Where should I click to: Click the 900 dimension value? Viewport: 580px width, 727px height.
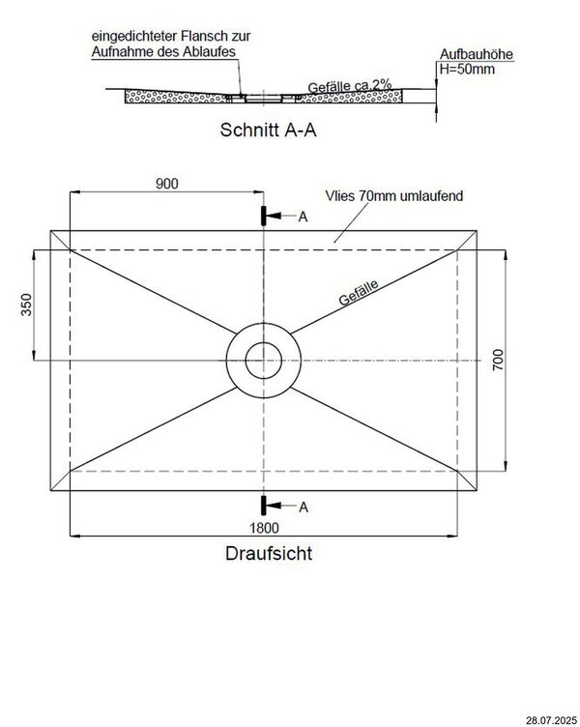point(165,184)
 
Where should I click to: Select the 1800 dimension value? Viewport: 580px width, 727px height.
point(263,527)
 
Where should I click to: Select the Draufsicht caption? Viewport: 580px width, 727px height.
point(268,555)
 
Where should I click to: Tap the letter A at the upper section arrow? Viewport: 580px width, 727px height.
point(303,218)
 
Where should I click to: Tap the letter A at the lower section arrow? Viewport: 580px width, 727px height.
point(303,506)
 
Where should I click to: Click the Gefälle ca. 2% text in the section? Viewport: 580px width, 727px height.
point(349,85)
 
